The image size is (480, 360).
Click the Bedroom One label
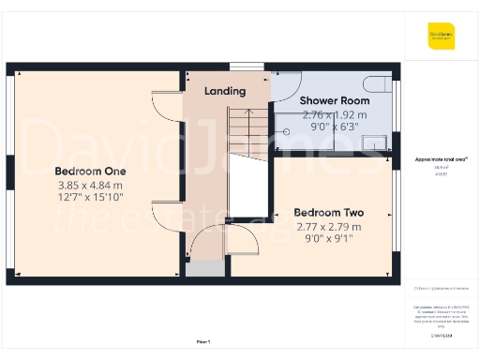click(x=90, y=172)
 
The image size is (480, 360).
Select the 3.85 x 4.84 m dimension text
click(x=90, y=186)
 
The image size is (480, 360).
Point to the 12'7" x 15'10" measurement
click(x=90, y=198)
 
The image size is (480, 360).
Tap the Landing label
click(x=225, y=91)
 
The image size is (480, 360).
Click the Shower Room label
click(x=334, y=100)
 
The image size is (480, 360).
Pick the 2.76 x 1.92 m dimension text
click(x=334, y=114)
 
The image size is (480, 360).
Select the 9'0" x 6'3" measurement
click(x=334, y=127)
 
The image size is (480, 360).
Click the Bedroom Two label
click(x=328, y=213)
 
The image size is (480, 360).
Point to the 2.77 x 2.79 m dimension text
click(x=328, y=227)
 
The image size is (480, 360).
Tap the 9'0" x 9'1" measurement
click(x=328, y=239)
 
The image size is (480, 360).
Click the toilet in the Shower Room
click(x=377, y=82)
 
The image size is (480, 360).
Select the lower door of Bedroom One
click(x=166, y=217)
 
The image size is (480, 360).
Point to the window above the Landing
click(x=247, y=67)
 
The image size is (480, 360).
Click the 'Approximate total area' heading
click(x=441, y=159)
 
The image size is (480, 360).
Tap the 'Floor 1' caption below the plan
click(x=202, y=341)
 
